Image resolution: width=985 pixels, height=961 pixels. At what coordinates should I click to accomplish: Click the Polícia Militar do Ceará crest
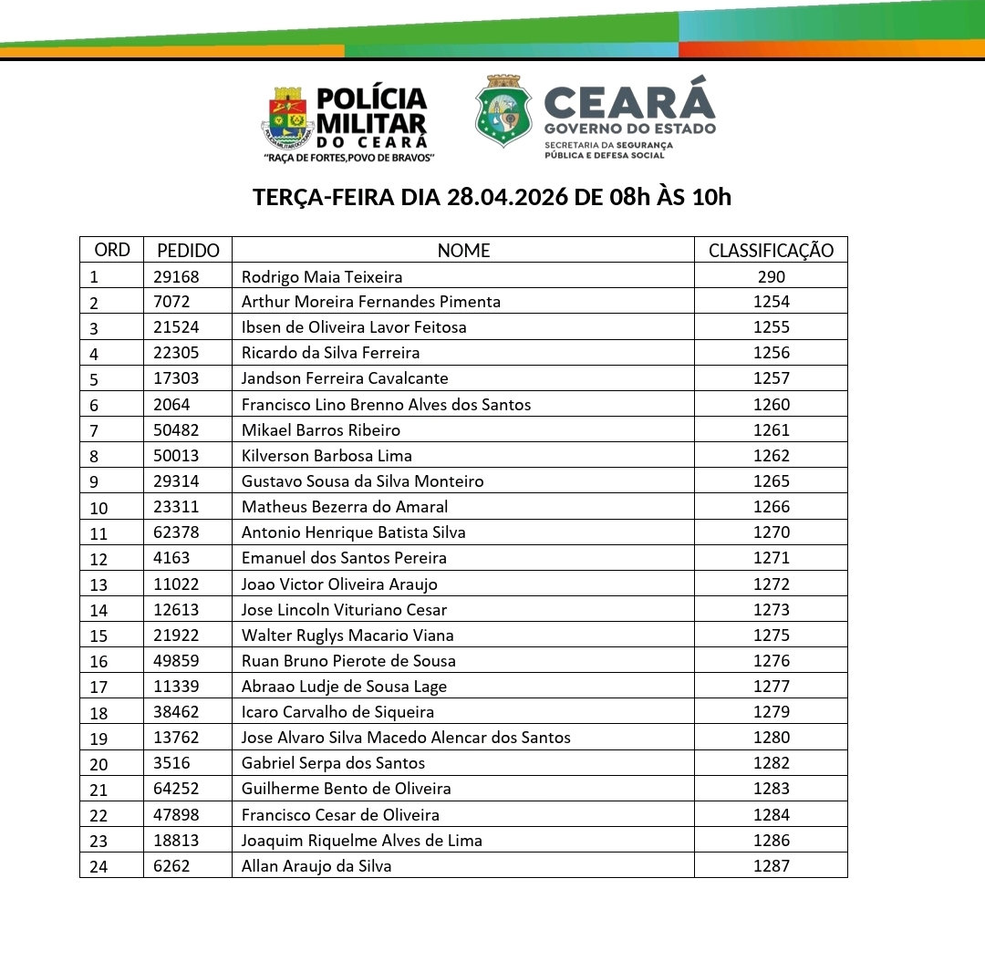(x=287, y=117)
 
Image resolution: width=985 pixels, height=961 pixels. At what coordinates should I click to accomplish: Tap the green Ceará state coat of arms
(x=503, y=112)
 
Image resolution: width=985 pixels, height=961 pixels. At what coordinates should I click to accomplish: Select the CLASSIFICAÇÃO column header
(x=771, y=251)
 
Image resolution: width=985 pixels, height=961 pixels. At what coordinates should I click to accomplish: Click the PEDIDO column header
(x=188, y=251)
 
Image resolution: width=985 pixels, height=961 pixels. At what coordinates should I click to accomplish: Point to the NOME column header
(x=463, y=251)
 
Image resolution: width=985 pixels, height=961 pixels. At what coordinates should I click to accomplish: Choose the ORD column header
(x=112, y=250)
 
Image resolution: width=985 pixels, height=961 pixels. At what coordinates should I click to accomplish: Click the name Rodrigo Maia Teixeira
(x=322, y=276)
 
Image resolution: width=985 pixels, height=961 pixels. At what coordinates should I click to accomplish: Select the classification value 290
(x=771, y=276)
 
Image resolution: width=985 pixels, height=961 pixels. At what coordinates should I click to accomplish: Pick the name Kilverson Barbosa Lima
(x=327, y=456)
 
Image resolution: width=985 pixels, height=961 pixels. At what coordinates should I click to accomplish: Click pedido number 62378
(x=178, y=532)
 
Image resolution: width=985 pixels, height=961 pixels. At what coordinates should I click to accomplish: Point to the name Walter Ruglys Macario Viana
(x=347, y=635)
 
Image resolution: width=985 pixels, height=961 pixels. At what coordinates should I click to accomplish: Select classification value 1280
(x=772, y=738)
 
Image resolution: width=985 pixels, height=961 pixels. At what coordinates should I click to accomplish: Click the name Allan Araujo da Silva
(x=316, y=866)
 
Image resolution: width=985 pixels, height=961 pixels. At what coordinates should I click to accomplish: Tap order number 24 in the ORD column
(x=98, y=867)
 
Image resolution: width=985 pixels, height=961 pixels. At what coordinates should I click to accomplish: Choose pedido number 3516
(x=171, y=763)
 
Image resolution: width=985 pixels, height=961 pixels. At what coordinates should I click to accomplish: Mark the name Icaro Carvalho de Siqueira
(x=337, y=712)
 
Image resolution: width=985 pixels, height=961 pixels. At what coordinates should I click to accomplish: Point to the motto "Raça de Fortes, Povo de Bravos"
(x=348, y=158)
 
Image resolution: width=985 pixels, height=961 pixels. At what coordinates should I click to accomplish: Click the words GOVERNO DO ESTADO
(x=629, y=129)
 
